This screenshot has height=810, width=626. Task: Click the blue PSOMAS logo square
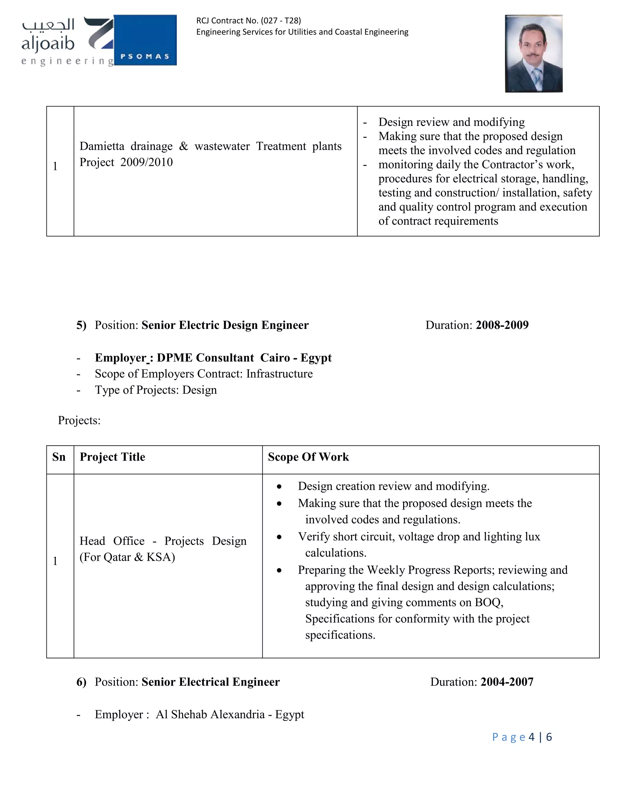[x=145, y=40]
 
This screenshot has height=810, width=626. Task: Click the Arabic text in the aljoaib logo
[x=48, y=25]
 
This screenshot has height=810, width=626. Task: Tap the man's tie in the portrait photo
[x=536, y=76]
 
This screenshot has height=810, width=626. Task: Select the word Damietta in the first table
[x=101, y=146]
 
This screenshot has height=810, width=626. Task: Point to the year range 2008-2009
[x=502, y=325]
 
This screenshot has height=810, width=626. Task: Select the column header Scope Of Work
[x=308, y=457]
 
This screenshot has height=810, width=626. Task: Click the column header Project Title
[x=112, y=457]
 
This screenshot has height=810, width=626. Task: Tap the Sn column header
[x=59, y=457]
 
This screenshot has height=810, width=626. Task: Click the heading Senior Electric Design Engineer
[x=225, y=325]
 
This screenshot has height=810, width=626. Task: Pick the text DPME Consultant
[x=205, y=358]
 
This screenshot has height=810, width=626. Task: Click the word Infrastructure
[x=279, y=374]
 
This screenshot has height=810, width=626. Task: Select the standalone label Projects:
[x=79, y=420]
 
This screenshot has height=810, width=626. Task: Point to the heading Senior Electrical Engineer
[x=210, y=682]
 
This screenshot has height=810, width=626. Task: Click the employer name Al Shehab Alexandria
[x=210, y=714]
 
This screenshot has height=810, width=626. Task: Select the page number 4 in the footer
[x=532, y=737]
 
